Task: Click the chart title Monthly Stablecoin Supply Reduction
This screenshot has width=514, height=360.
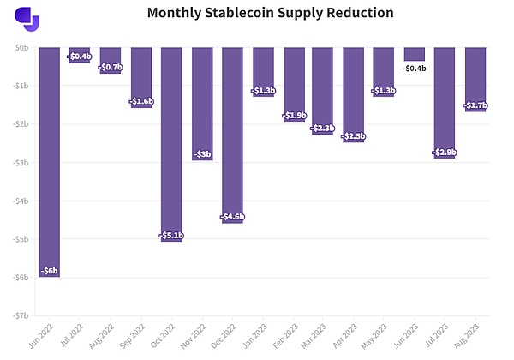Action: [x=258, y=14]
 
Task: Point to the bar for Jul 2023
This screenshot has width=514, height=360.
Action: [x=445, y=103]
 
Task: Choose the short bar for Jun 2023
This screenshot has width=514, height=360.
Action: [x=415, y=53]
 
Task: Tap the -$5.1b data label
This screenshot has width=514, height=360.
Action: [x=171, y=235]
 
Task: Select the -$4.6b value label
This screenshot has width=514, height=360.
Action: [x=232, y=216]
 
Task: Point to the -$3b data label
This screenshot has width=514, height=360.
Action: [x=202, y=154]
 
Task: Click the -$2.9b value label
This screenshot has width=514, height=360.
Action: [x=445, y=153]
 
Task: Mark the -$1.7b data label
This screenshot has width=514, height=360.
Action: [x=475, y=105]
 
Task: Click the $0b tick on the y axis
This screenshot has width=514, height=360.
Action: [x=23, y=48]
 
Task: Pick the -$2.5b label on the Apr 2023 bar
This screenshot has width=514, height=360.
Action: [x=354, y=136]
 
